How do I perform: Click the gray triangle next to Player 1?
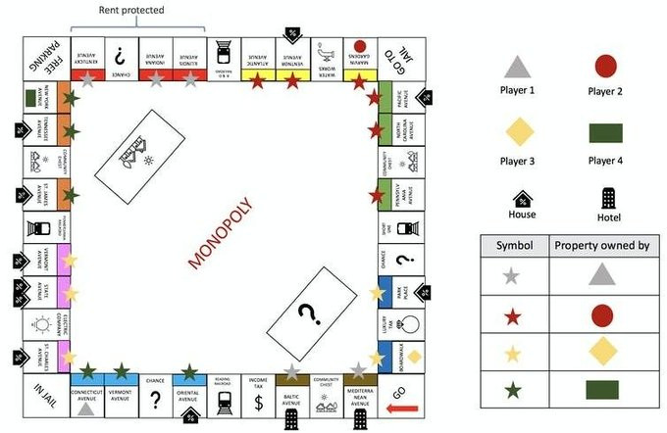coord(518,67)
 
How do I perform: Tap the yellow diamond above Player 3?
coord(518,131)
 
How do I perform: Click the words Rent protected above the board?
coord(131,11)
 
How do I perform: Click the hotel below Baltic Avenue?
coord(291,418)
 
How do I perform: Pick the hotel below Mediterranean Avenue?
coord(363,418)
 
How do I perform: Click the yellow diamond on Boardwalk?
coord(415,356)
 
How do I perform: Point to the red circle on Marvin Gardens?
coord(359,46)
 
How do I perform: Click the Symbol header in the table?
coord(514,245)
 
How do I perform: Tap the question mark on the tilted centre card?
coord(311,314)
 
